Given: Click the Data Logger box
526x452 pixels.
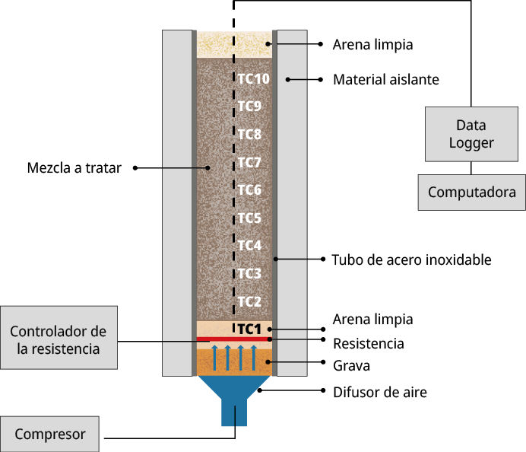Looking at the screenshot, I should [x=471, y=134].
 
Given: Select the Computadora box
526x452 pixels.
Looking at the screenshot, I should [x=471, y=192].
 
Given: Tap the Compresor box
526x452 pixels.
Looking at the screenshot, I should [x=50, y=434].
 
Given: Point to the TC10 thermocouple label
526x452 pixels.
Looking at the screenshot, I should [x=253, y=78].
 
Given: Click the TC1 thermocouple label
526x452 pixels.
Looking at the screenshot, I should [x=249, y=329].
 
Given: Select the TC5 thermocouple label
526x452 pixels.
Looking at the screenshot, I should [x=249, y=218].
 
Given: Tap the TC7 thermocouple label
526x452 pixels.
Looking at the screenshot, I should [x=249, y=162].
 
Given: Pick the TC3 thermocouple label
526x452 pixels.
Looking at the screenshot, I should [x=249, y=273].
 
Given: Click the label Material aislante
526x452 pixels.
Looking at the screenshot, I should [x=386, y=79].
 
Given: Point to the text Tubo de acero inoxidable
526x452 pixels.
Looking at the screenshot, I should [x=411, y=259].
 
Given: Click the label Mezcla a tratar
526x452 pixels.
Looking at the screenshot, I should [x=74, y=167].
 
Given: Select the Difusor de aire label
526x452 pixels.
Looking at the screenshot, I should [x=380, y=393].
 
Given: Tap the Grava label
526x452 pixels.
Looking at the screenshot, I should [x=351, y=365].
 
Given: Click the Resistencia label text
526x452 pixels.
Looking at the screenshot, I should [x=369, y=343].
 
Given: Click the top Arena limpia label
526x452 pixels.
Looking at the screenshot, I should [x=372, y=44].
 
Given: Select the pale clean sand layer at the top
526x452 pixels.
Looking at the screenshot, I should [x=220, y=44].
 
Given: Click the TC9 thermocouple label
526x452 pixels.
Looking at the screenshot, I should [x=249, y=107].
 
